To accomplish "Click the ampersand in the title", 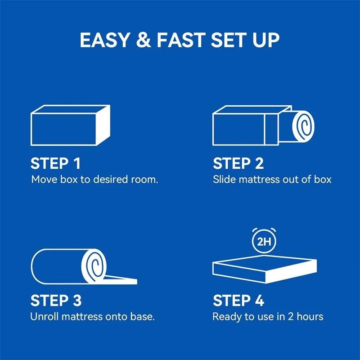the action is pos(144,40).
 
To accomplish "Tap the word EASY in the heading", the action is pos(105,40).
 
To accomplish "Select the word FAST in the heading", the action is pos(181,40).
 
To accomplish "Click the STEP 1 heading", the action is pos(55,163).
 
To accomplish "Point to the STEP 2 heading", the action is pos(238,163).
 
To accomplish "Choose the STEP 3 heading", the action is pos(56,301).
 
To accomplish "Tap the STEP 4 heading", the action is pos(238,301).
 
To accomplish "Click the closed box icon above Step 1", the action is pos(70,126).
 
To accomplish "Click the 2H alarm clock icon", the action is pos(264,241).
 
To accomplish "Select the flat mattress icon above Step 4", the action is pos(265,269).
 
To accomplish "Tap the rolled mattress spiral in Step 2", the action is pos(303,126).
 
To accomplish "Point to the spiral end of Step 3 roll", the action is pos(94,266).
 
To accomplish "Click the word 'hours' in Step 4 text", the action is pos(310,316).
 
